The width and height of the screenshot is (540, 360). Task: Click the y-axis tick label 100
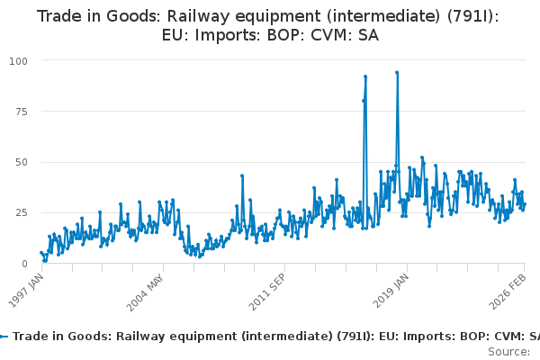pyautogui.click(x=18, y=60)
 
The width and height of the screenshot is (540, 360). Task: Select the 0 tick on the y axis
pyautogui.click(x=24, y=264)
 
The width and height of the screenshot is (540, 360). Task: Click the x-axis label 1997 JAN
pyautogui.click(x=30, y=290)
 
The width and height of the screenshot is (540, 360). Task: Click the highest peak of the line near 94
pyautogui.click(x=397, y=72)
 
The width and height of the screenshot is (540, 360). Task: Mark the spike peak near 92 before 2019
pyautogui.click(x=365, y=76)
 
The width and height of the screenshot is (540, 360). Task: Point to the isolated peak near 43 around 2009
pyautogui.click(x=242, y=175)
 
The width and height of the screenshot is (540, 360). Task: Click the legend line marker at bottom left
pyautogui.click(x=4, y=336)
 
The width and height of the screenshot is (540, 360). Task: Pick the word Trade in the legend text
pyautogui.click(x=33, y=336)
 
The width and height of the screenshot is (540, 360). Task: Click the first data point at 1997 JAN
pyautogui.click(x=40, y=253)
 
